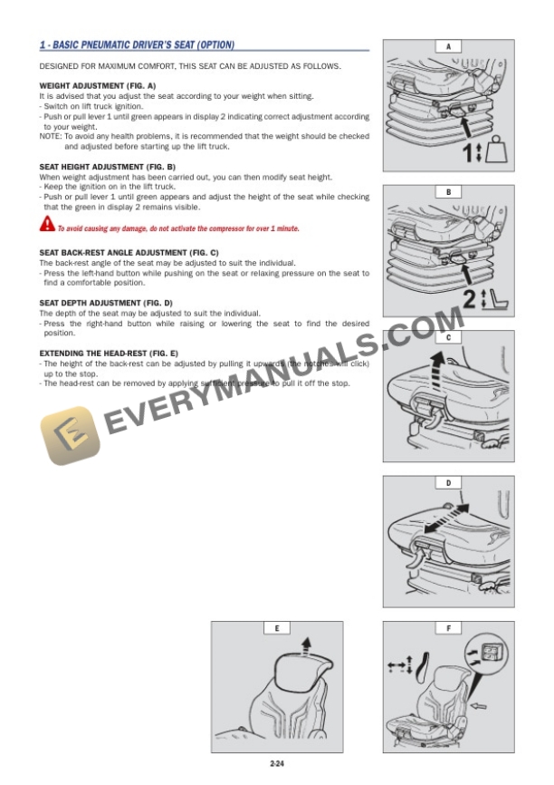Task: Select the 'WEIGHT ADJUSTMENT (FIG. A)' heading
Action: tap(98, 84)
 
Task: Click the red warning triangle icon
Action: tap(47, 224)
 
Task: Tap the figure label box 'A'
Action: tap(448, 46)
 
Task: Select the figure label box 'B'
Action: tap(448, 192)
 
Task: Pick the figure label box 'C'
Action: tap(448, 337)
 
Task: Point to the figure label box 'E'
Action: tap(276, 627)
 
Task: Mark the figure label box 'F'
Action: tap(448, 627)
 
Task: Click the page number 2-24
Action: tap(277, 766)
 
